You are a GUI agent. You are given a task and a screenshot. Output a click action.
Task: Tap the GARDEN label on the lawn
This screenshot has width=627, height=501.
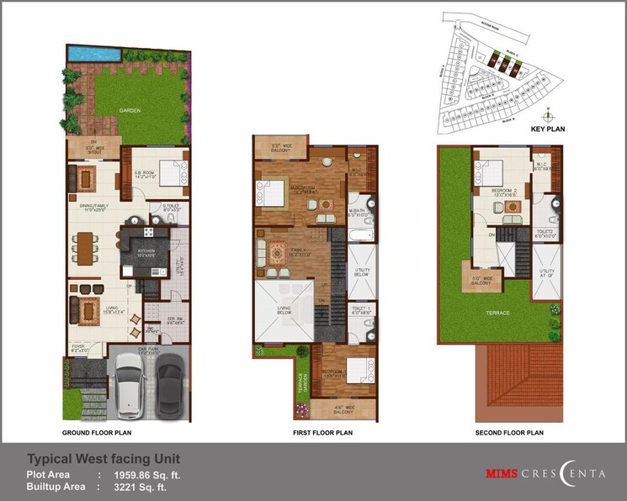(129, 109)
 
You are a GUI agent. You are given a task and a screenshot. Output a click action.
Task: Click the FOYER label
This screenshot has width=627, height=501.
(78, 346)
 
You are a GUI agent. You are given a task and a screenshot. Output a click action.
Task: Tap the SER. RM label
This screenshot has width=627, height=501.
(174, 319)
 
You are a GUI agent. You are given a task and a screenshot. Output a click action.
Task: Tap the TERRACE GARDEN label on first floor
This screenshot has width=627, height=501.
(300, 384)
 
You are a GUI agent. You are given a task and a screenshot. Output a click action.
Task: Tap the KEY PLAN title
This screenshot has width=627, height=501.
(549, 129)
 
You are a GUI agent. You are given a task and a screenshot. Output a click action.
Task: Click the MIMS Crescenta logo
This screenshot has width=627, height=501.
(546, 473)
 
